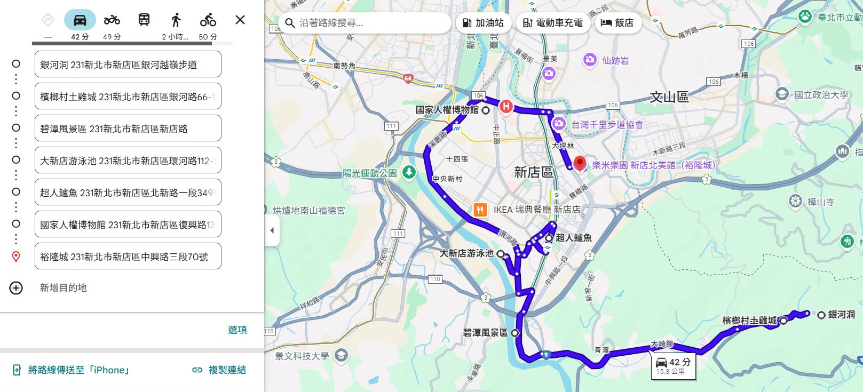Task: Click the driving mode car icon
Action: click(80, 20)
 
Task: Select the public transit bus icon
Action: click(144, 20)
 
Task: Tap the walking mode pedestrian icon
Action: click(176, 20)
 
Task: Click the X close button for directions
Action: click(240, 20)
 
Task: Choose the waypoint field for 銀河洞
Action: click(128, 65)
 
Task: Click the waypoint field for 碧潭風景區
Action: click(128, 129)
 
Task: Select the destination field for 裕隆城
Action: click(128, 257)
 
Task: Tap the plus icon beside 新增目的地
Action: click(16, 288)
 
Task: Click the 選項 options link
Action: click(237, 330)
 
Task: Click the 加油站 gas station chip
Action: click(484, 23)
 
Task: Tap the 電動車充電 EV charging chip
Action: click(553, 23)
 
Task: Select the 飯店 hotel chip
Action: click(617, 23)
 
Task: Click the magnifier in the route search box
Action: click(290, 23)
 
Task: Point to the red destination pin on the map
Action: click(580, 163)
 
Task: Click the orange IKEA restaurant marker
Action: click(480, 210)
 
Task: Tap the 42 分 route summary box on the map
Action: click(673, 366)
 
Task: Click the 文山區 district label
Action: click(669, 97)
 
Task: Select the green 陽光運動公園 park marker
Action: click(409, 172)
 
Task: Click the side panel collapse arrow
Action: click(272, 230)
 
